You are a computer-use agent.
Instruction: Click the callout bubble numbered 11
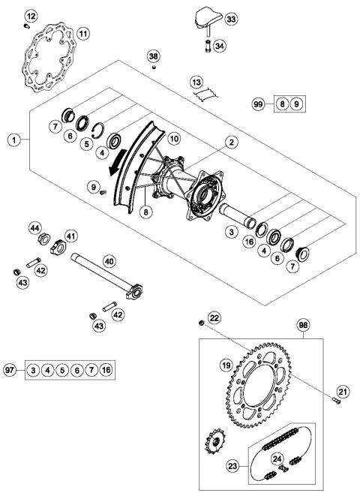82,33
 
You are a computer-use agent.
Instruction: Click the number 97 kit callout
12,371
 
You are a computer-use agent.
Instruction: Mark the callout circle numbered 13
196,81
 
